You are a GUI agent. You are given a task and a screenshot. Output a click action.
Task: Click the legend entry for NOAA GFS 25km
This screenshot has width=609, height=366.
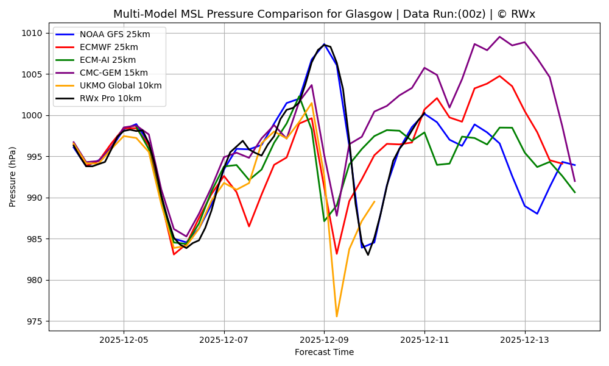(114, 34)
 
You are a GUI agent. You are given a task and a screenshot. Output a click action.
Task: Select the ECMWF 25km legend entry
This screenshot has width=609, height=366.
(108, 47)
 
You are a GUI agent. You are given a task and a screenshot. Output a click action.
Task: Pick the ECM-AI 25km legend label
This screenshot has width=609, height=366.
(107, 60)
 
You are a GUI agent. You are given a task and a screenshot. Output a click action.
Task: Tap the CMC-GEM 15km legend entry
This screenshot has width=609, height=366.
(113, 73)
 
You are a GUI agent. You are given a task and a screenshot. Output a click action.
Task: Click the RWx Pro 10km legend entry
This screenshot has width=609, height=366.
(110, 98)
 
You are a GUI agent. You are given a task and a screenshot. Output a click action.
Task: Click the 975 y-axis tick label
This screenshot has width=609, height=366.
(35, 321)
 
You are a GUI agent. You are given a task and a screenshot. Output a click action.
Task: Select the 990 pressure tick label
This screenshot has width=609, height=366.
(35, 198)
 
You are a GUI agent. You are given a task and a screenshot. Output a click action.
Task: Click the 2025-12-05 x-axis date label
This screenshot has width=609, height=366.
(124, 339)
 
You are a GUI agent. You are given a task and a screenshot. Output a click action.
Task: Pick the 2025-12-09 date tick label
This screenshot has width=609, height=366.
(324, 339)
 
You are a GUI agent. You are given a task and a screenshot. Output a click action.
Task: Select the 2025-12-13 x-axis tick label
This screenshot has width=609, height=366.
(524, 339)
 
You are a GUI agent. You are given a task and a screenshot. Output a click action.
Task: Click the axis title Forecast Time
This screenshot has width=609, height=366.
(324, 352)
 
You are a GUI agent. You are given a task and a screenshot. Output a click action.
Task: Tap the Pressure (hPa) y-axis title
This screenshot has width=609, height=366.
(13, 176)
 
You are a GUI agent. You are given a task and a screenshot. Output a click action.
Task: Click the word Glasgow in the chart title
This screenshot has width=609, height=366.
(292, 14)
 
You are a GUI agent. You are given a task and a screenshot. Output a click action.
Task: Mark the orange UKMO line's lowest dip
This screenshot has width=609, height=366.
(337, 316)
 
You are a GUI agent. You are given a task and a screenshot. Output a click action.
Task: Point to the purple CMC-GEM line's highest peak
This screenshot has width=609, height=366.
(499, 37)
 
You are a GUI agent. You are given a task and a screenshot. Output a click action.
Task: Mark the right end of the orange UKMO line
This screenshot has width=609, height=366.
(375, 201)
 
